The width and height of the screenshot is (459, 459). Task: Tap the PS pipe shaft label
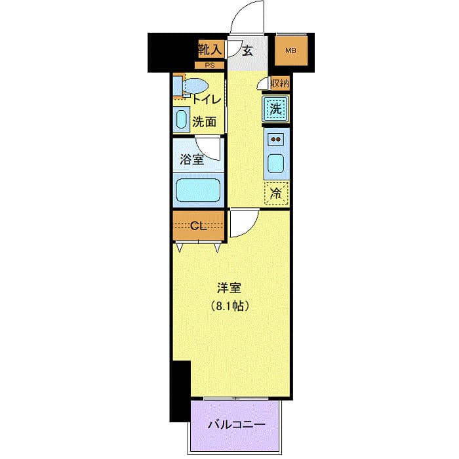pos(210,65)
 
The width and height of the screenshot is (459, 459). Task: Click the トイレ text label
pos(206,100)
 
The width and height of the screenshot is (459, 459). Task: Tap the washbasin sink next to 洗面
pos(181,120)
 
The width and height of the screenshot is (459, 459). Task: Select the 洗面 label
pos(205,121)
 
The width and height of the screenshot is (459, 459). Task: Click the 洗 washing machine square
pos(277,109)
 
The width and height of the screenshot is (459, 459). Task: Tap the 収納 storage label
pos(279,83)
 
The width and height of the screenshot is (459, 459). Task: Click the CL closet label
pos(199,226)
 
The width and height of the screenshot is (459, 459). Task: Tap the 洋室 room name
pos(229,288)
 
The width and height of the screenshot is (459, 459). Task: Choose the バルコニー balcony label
pos(237,425)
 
